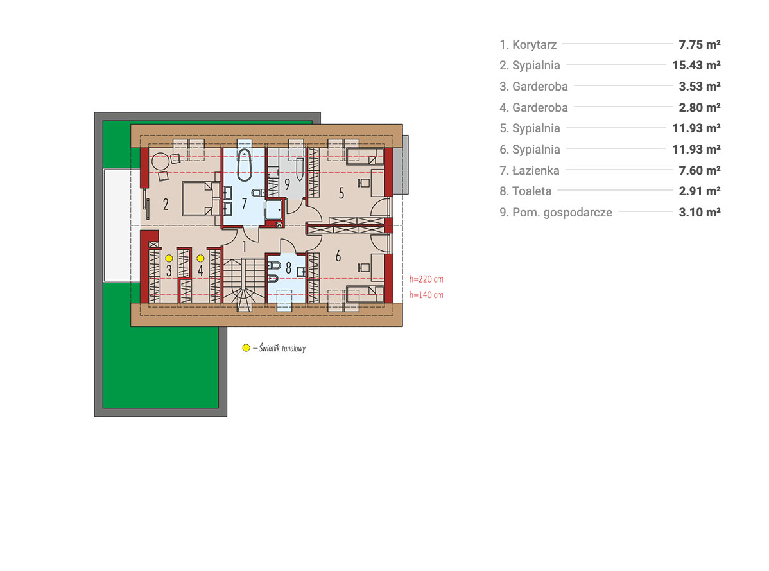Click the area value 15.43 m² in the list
coord(696,66)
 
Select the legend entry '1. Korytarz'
coord(528,45)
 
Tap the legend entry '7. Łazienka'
coord(529,171)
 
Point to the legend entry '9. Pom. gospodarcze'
coord(556,213)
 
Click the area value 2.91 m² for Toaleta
coord(700,191)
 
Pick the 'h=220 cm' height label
coord(426,279)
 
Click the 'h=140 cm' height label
coord(426,295)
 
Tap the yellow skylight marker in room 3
coord(169,258)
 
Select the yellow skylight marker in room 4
coord(200,258)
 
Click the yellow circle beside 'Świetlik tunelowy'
coord(246,347)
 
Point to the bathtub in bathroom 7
coord(244,165)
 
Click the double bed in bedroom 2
coord(201,198)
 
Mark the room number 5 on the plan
coord(341,193)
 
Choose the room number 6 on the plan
coord(338,256)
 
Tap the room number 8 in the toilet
coord(288,268)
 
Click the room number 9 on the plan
coord(288,184)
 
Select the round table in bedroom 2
coord(160,161)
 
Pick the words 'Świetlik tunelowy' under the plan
coord(282,348)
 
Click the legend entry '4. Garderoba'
coord(533,107)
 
